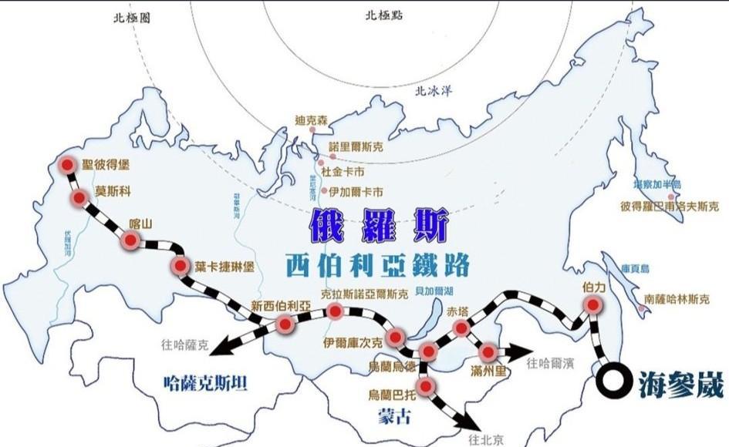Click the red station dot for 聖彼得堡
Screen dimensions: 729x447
coord(68,164)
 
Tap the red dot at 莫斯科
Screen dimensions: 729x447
coord(79,199)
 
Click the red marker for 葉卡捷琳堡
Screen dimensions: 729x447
coord(181,267)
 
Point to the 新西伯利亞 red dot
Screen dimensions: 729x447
coord(284,324)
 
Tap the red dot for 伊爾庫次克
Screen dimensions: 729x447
coord(396,337)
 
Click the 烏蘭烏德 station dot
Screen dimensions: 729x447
coord(429,351)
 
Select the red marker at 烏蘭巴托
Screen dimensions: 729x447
coord(425,385)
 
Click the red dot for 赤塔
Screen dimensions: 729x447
coord(461,329)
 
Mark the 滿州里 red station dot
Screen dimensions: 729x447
coord(488,352)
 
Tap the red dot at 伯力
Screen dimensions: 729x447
coord(592,306)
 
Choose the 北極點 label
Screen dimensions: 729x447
coord(383,14)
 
